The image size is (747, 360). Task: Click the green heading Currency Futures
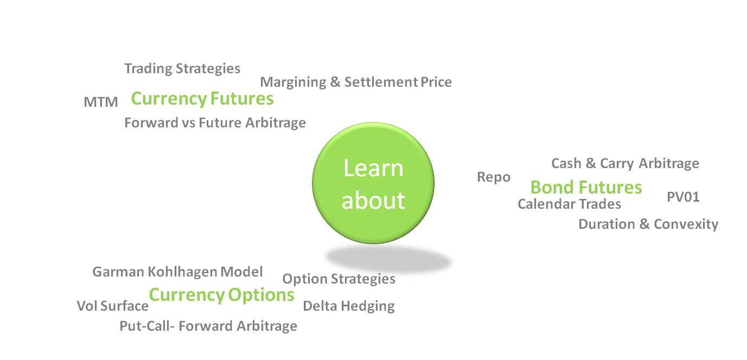pos(202,99)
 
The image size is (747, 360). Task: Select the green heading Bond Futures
pos(586,187)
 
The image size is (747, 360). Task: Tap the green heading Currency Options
pos(221,295)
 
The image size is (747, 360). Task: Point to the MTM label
pos(101,102)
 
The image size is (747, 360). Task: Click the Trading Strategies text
pos(182,69)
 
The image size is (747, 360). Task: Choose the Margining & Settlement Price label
pos(356,82)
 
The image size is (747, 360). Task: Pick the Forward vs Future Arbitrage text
pos(215,123)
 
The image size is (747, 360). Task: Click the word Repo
pos(494,177)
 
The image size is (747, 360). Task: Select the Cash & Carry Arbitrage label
pos(625,163)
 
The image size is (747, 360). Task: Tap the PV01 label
pos(683,197)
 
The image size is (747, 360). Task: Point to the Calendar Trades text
pos(569,204)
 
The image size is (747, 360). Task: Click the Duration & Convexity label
pos(648,224)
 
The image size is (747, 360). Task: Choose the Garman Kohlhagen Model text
pos(177,272)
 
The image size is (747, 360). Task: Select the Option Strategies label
pos(339,279)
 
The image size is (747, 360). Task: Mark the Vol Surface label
pos(113,306)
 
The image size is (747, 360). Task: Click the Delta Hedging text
pos(349,306)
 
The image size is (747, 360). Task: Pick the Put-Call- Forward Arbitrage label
pos(208,326)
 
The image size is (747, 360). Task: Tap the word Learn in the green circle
pos(373,168)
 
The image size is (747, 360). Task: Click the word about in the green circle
pos(373,201)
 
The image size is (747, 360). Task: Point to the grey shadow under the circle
pos(388,259)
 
